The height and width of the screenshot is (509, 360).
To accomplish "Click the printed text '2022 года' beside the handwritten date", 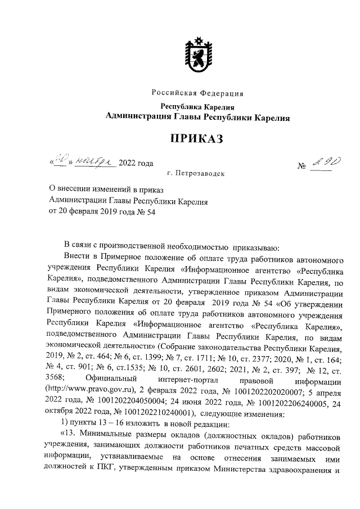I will coord(136,164).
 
